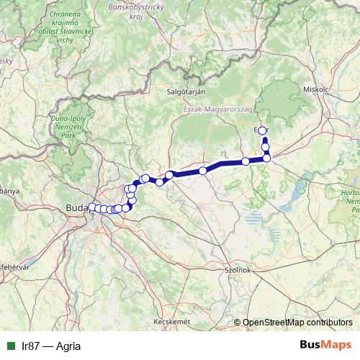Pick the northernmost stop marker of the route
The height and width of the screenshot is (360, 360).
263,130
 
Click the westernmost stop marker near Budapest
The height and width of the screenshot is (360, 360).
92,208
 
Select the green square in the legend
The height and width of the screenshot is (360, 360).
10,346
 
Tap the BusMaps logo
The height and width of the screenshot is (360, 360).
326,345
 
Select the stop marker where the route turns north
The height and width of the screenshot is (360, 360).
266,158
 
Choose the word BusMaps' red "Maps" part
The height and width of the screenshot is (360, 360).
338,345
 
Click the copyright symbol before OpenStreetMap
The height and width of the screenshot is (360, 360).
238,323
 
